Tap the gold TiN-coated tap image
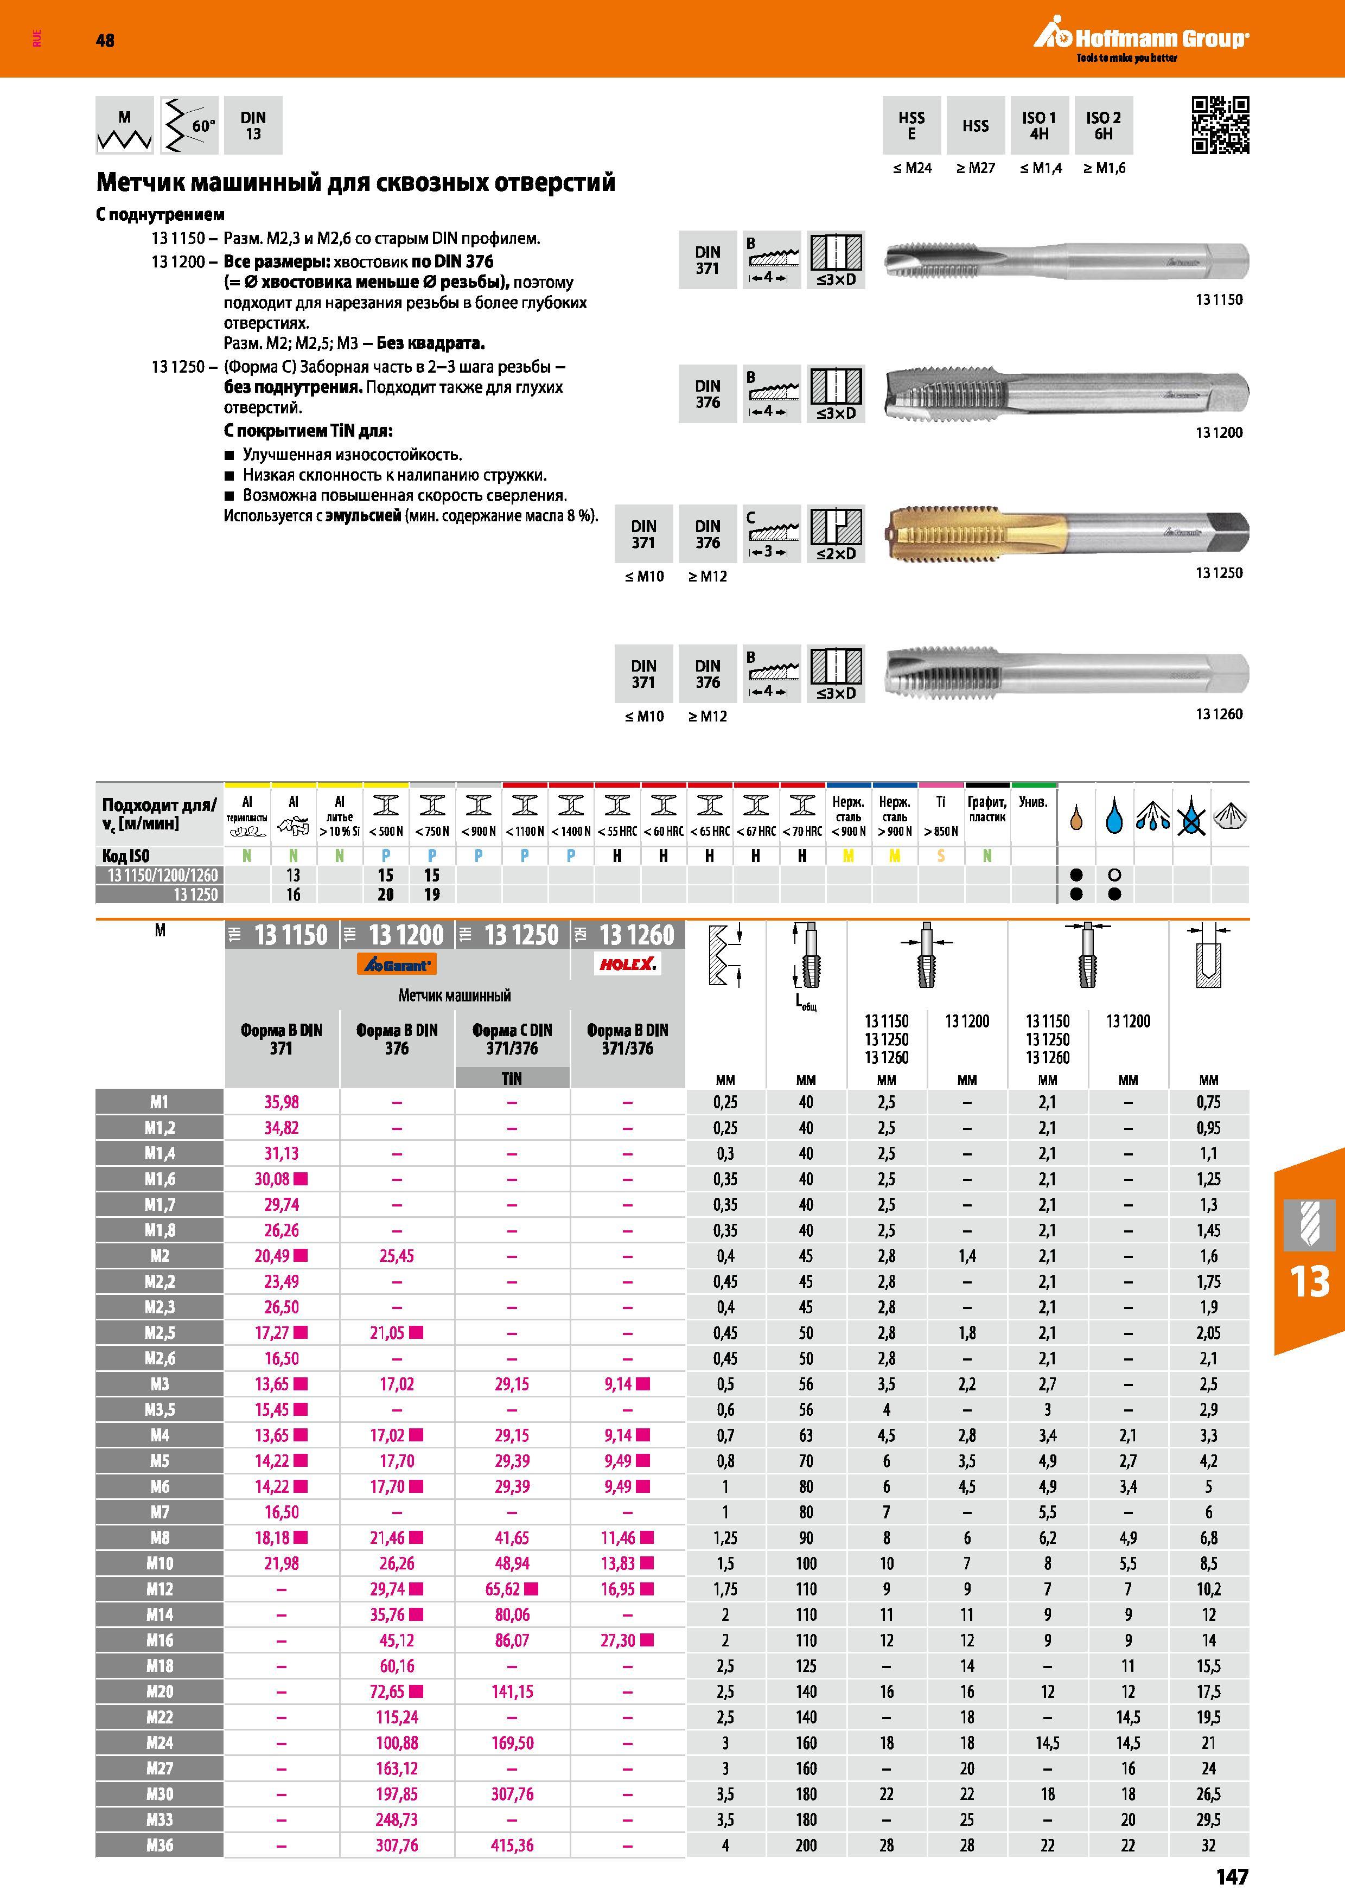tap(1067, 531)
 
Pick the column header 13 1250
tap(512, 935)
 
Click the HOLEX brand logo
tap(627, 963)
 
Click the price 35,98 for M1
tap(282, 1102)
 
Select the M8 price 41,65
tap(512, 1537)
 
